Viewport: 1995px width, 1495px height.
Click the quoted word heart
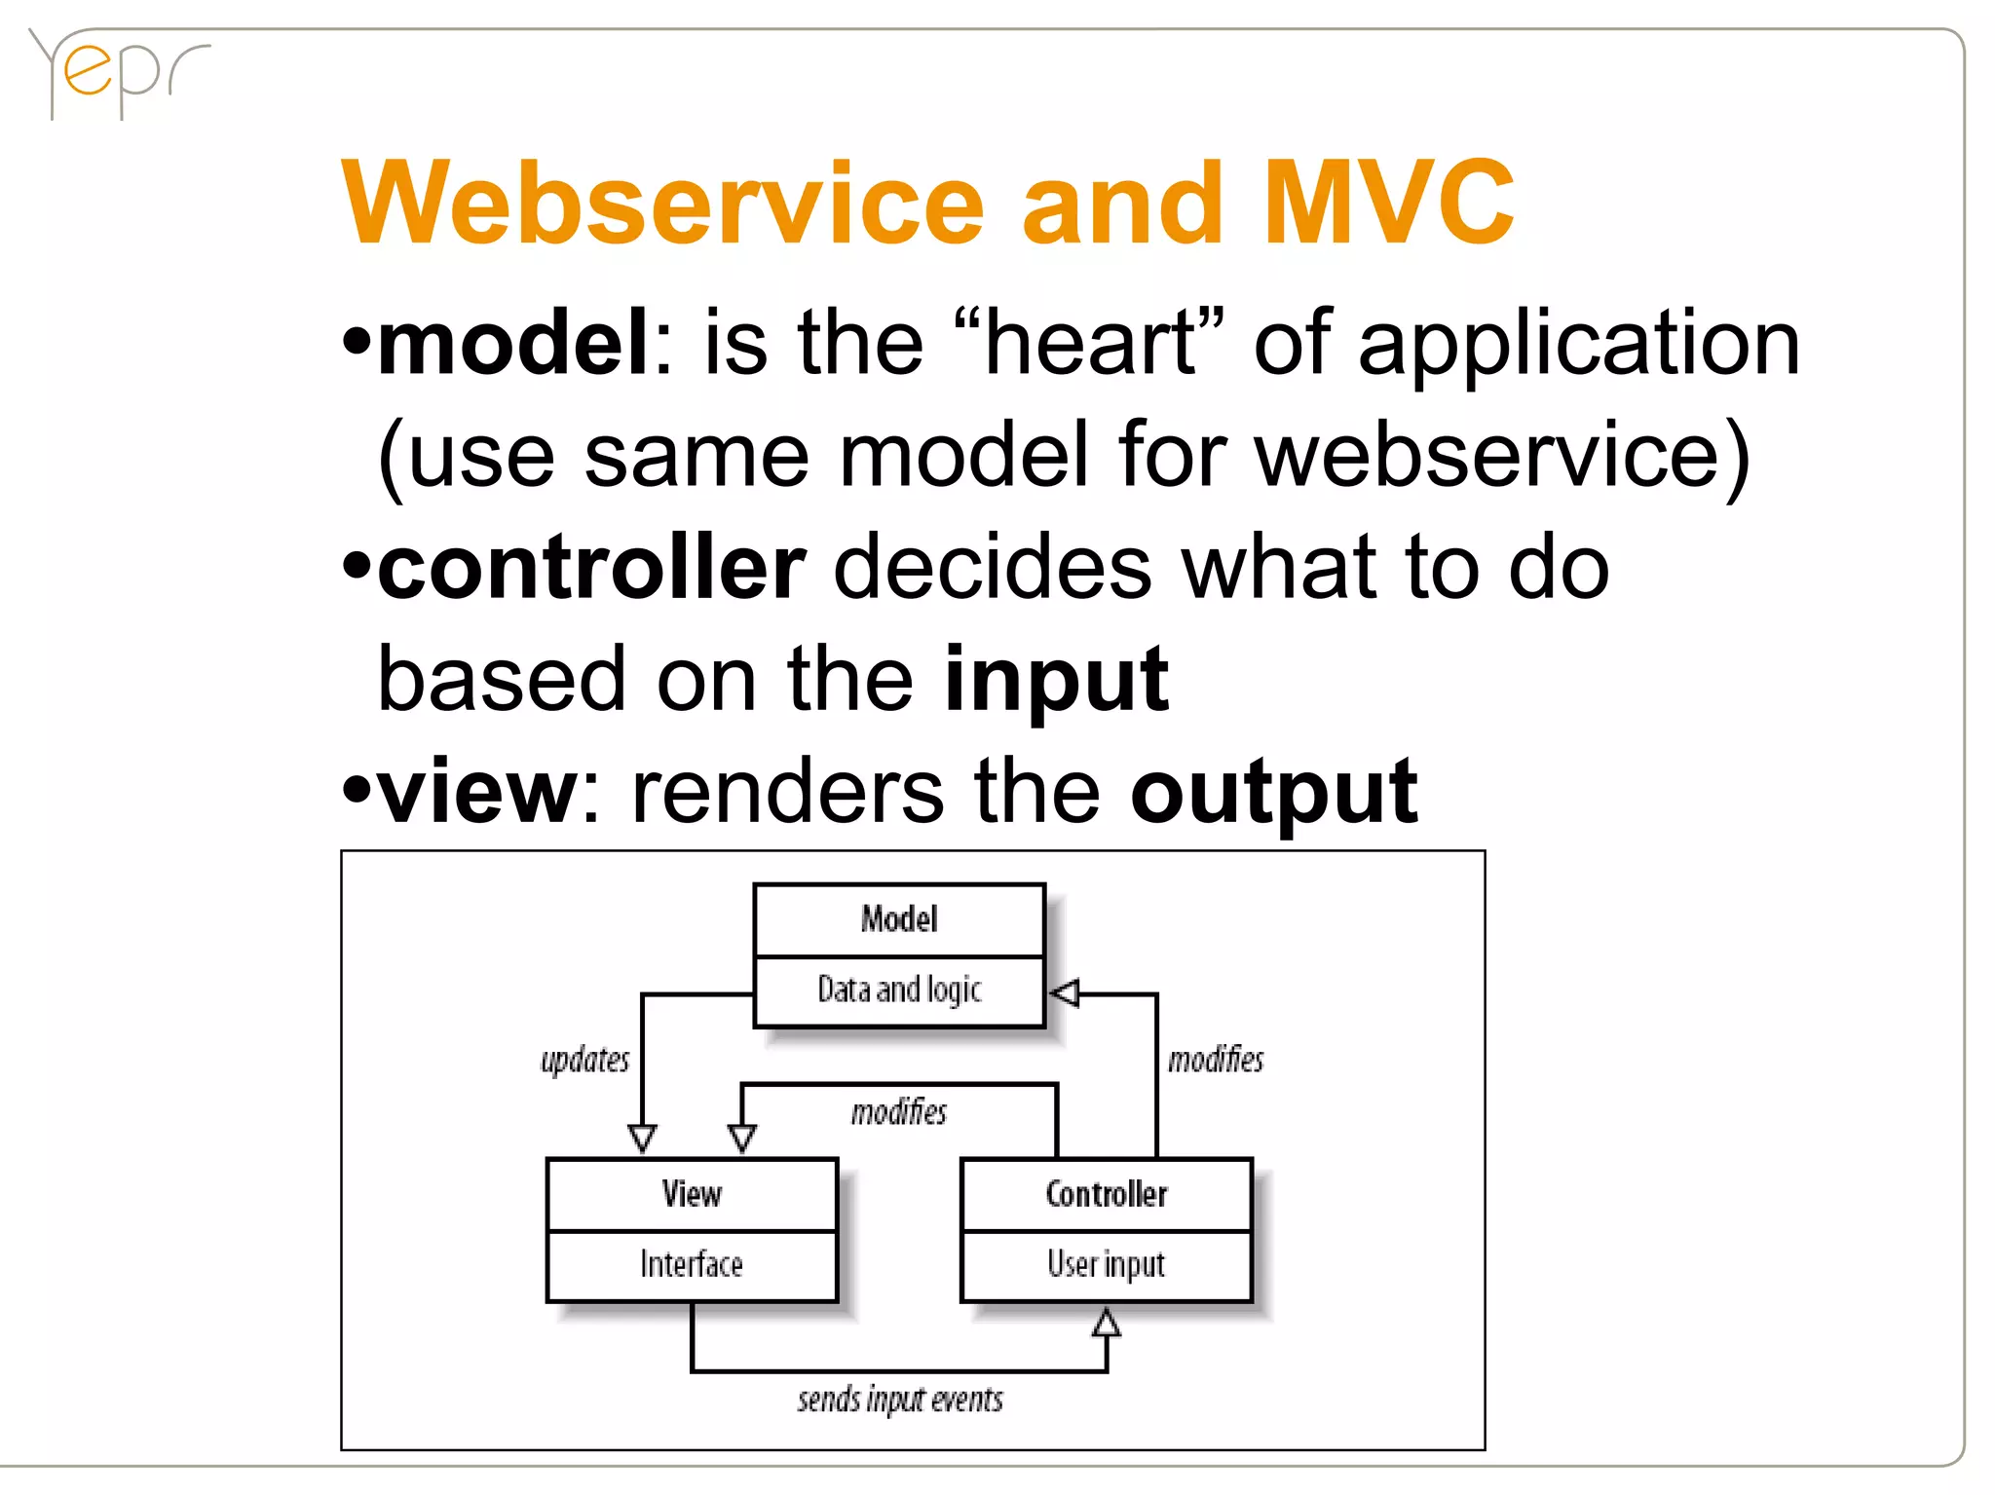pyautogui.click(x=1089, y=342)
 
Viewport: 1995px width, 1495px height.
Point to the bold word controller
pyautogui.click(x=591, y=568)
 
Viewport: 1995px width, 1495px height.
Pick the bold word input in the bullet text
pyautogui.click(x=1056, y=680)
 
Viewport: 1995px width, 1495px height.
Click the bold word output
pyautogui.click(x=1273, y=792)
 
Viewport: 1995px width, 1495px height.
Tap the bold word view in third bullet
pyautogui.click(x=478, y=792)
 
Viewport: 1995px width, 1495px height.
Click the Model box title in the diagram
pyautogui.click(x=899, y=918)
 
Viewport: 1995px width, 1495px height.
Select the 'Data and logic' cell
pyautogui.click(x=899, y=990)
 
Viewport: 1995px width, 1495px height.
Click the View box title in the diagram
pyautogui.click(x=692, y=1194)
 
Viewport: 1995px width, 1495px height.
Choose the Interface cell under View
pyautogui.click(x=692, y=1264)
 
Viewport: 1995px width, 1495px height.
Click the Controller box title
pyautogui.click(x=1106, y=1194)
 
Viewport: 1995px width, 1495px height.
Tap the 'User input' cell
pyautogui.click(x=1106, y=1264)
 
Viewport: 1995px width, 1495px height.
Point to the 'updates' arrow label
pyautogui.click(x=584, y=1060)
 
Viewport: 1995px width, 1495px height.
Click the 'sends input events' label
pyautogui.click(x=899, y=1400)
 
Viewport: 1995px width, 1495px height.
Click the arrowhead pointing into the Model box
pyautogui.click(x=1065, y=993)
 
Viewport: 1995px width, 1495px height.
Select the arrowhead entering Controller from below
pyautogui.click(x=1106, y=1323)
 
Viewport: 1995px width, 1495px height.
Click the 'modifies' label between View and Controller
pyautogui.click(x=898, y=1112)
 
